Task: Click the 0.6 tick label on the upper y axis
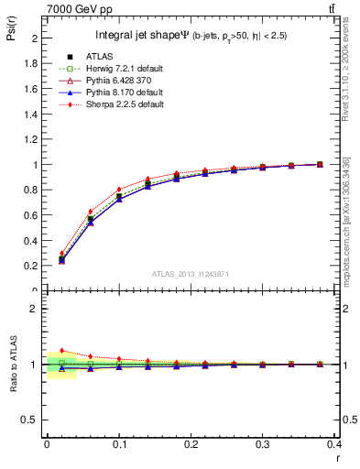click(x=34, y=215)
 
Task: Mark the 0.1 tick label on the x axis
click(x=119, y=444)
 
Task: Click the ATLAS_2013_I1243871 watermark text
click(x=191, y=274)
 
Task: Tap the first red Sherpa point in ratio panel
click(x=61, y=350)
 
